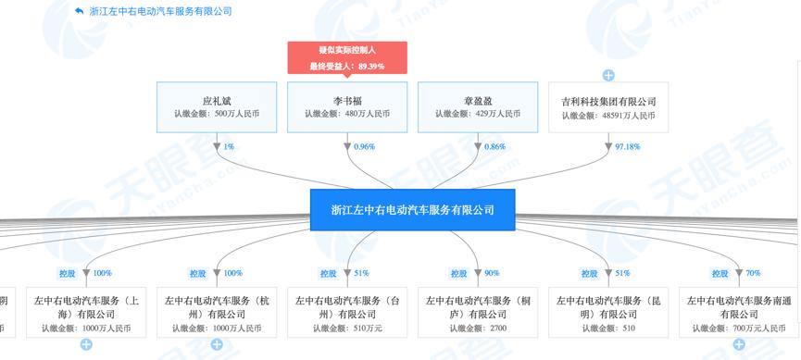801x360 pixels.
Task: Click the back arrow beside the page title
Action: pyautogui.click(x=79, y=11)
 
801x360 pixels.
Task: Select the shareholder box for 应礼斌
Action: pyautogui.click(x=215, y=107)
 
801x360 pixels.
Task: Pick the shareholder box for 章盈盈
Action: pyautogui.click(x=477, y=107)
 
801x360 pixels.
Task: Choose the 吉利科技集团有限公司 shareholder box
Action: pyautogui.click(x=608, y=107)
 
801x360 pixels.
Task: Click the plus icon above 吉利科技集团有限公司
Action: pyautogui.click(x=608, y=75)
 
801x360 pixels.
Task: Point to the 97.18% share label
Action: pyautogui.click(x=626, y=146)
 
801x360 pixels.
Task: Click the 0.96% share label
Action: pyautogui.click(x=365, y=146)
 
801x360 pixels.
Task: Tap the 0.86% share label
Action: pyautogui.click(x=495, y=146)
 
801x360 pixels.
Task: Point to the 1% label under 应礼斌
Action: pyautogui.click(x=229, y=146)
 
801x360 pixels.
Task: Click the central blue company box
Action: pyautogui.click(x=413, y=210)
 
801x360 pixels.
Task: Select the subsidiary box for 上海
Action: pyautogui.click(x=86, y=313)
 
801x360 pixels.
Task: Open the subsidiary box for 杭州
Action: pyautogui.click(x=216, y=313)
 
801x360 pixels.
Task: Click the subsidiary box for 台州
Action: pyautogui.click(x=347, y=313)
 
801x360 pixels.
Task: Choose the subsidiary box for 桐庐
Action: pyautogui.click(x=477, y=313)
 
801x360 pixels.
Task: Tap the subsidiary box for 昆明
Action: pyautogui.click(x=608, y=313)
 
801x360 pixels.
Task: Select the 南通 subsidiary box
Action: pyautogui.click(x=738, y=313)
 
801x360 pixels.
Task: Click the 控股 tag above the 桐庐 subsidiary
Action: pyautogui.click(x=458, y=273)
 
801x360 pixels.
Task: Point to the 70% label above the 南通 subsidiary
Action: pyautogui.click(x=752, y=273)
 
